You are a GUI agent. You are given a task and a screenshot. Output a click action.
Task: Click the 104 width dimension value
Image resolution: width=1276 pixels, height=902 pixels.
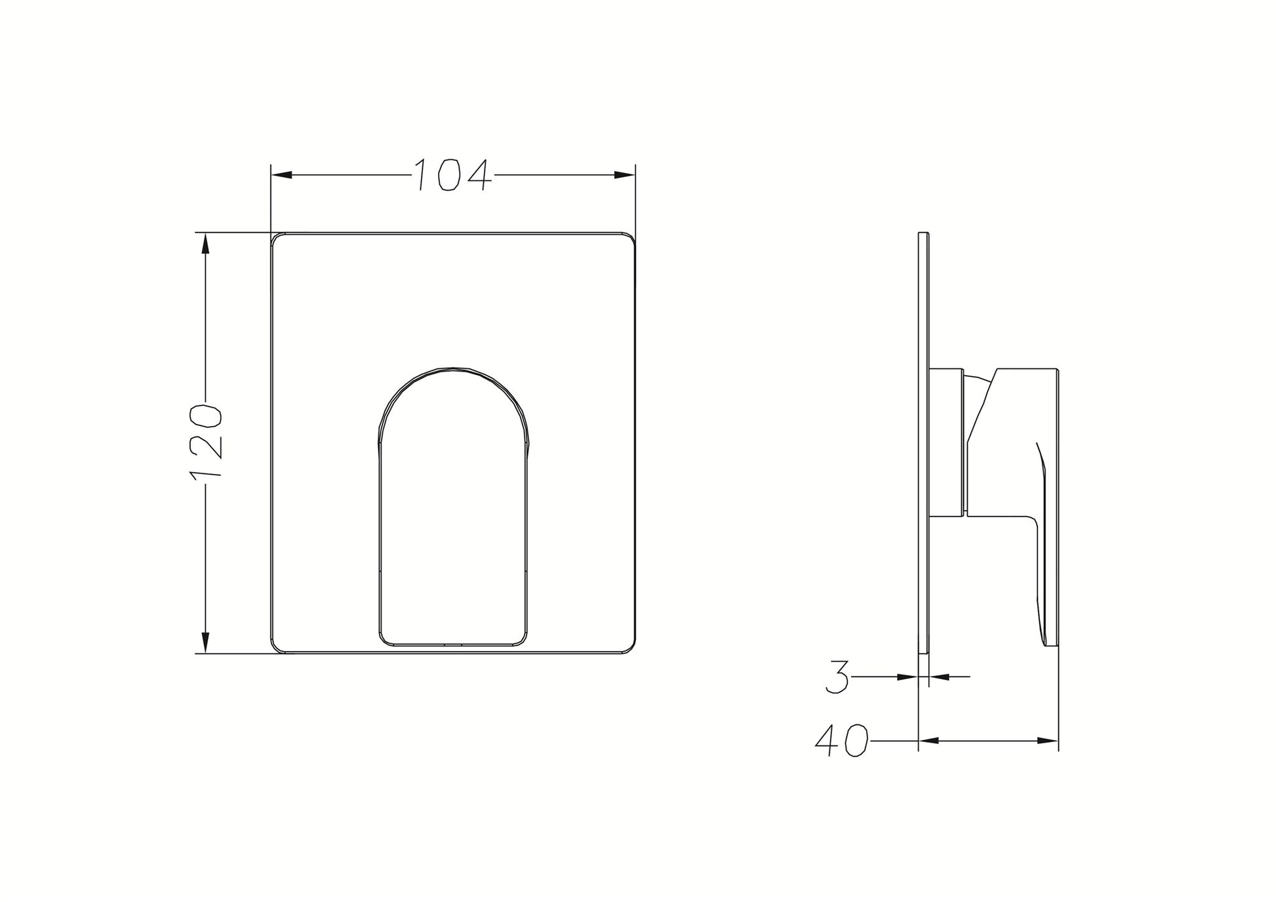pyautogui.click(x=452, y=174)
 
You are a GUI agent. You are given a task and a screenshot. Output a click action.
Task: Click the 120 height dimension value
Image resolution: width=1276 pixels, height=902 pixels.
pyautogui.click(x=207, y=442)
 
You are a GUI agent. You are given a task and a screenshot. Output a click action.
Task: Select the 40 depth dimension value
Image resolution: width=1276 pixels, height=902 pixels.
pyautogui.click(x=841, y=741)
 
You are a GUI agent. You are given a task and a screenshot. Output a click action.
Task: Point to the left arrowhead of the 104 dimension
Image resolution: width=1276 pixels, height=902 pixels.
pyautogui.click(x=282, y=174)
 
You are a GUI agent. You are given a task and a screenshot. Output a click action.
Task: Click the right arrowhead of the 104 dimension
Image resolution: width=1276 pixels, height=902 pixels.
pyautogui.click(x=625, y=174)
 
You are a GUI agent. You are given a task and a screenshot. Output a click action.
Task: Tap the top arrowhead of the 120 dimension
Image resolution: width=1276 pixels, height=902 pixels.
pyautogui.click(x=206, y=244)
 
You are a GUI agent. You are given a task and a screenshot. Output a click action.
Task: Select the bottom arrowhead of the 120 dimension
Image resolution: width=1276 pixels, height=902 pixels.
pyautogui.click(x=206, y=642)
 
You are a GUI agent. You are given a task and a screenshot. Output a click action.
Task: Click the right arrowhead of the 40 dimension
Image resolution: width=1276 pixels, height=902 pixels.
pyautogui.click(x=1048, y=741)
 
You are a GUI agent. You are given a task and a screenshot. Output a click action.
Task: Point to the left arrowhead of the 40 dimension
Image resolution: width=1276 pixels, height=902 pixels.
pyautogui.click(x=929, y=741)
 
